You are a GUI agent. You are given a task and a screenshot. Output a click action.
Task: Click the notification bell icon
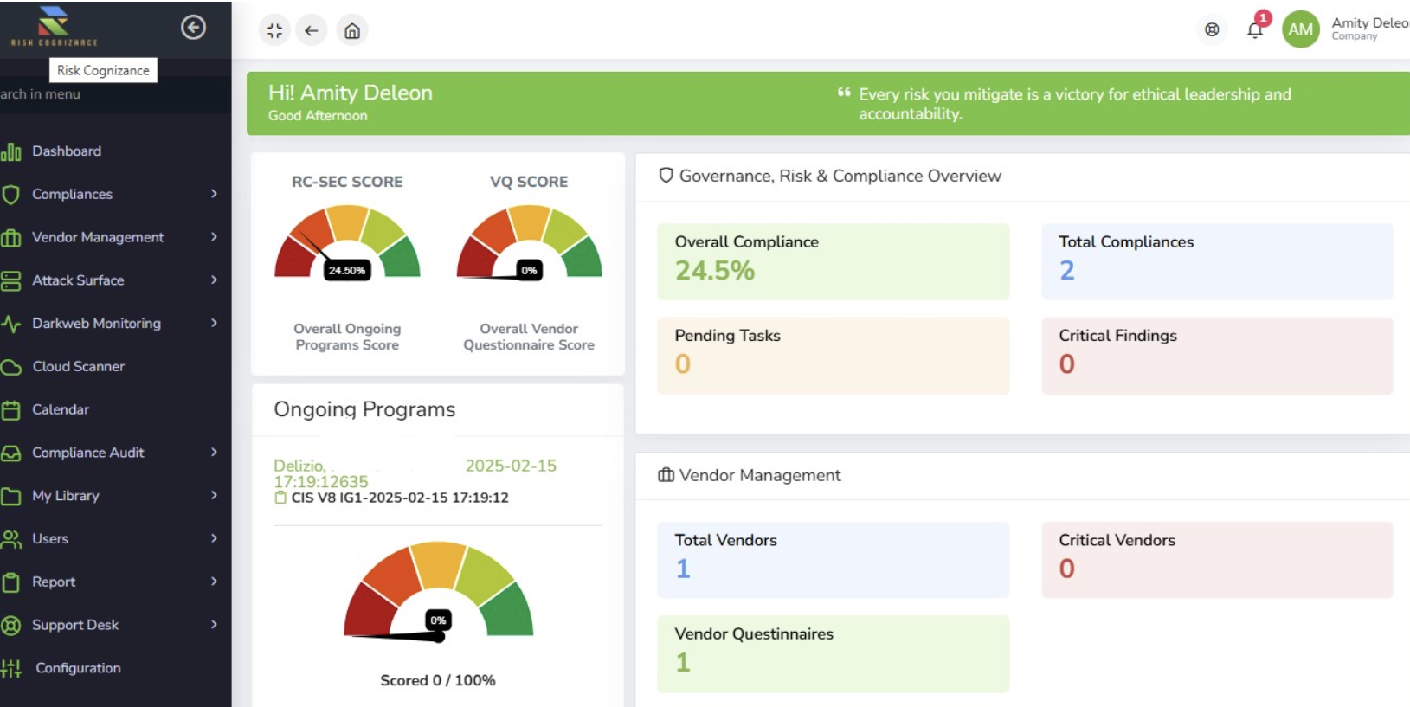[x=1255, y=30]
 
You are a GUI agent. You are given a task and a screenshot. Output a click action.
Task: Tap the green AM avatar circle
[x=1300, y=29]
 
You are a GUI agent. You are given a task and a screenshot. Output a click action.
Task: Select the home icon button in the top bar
[x=352, y=31]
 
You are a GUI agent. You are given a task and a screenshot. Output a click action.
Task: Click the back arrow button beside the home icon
[x=312, y=31]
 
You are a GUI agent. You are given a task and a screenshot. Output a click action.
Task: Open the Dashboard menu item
[x=67, y=151]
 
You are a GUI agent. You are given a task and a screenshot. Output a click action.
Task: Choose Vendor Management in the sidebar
[x=98, y=237]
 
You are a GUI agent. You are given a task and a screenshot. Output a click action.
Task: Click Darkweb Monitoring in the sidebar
[x=96, y=324]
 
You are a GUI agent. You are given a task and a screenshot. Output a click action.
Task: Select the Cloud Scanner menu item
[x=78, y=367]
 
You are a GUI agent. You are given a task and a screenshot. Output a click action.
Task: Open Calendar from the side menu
[x=61, y=409]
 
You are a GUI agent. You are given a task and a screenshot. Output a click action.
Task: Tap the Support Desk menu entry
[x=75, y=625]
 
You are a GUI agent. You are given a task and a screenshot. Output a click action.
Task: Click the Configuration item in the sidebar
[x=78, y=668]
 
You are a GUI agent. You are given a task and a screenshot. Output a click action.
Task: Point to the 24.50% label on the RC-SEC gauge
[x=346, y=271]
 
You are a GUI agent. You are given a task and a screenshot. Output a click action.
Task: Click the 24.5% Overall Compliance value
[x=715, y=271]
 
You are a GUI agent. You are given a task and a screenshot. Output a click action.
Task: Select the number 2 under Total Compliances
[x=1067, y=271]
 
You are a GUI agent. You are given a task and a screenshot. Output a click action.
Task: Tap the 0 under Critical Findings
[x=1067, y=364]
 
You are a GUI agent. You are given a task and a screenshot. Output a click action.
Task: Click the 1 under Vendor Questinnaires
[x=683, y=663]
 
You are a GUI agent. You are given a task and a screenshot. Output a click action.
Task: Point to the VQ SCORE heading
[x=529, y=182]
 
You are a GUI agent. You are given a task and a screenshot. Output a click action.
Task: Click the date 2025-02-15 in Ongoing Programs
[x=511, y=466]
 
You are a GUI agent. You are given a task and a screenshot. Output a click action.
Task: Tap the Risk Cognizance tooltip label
[x=103, y=71]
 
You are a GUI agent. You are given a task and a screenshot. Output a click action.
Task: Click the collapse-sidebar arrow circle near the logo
[x=193, y=28]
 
